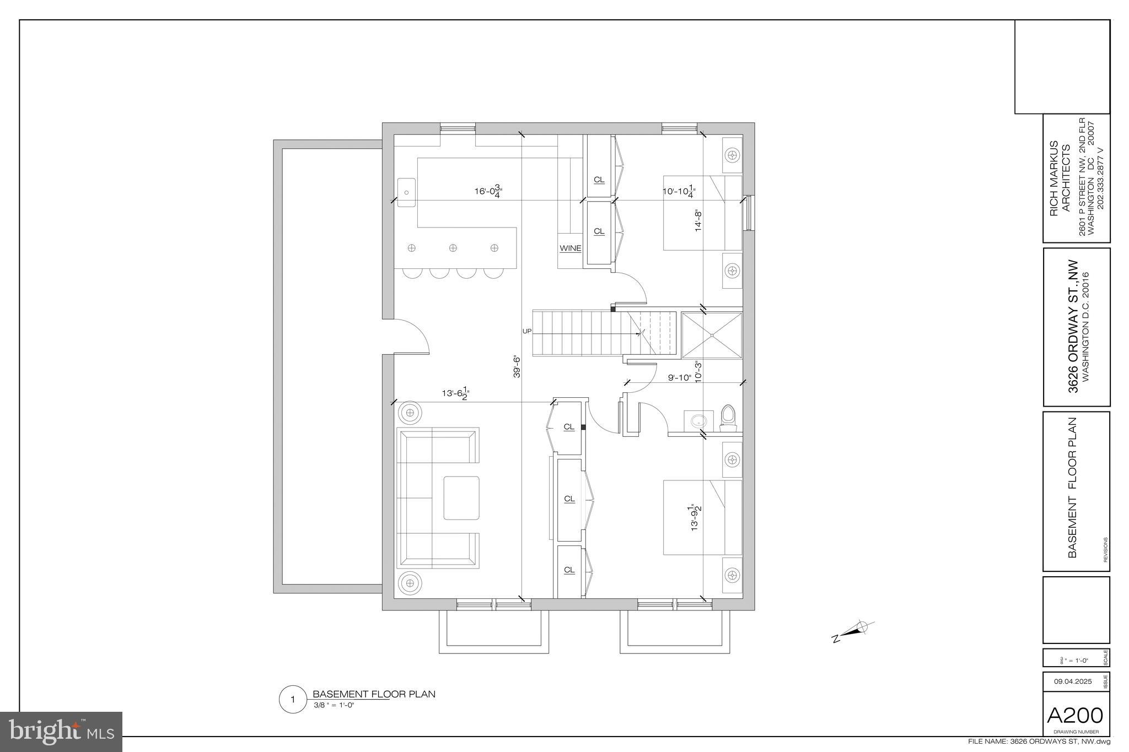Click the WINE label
570,248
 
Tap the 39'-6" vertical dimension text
517,366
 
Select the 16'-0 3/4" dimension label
488,192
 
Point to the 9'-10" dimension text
679,377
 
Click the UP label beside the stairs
526,331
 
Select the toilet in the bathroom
728,418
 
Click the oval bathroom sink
698,421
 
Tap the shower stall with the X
712,335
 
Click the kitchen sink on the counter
406,192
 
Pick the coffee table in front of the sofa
461,498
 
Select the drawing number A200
1075,716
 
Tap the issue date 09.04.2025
1072,681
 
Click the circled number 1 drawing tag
293,700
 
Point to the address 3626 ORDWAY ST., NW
1073,327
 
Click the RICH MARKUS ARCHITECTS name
1060,178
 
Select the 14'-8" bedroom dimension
698,219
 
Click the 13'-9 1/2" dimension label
696,518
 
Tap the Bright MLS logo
61,732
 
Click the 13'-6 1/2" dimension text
455,393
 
